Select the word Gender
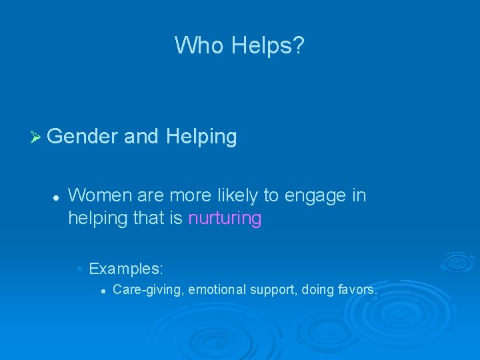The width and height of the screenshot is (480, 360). click(x=83, y=137)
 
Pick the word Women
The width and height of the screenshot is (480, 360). click(x=101, y=195)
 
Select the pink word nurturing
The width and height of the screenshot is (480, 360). click(x=225, y=219)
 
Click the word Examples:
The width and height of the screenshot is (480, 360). click(x=126, y=269)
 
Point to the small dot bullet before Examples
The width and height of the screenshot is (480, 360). click(x=79, y=269)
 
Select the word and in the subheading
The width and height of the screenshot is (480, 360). click(x=141, y=137)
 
